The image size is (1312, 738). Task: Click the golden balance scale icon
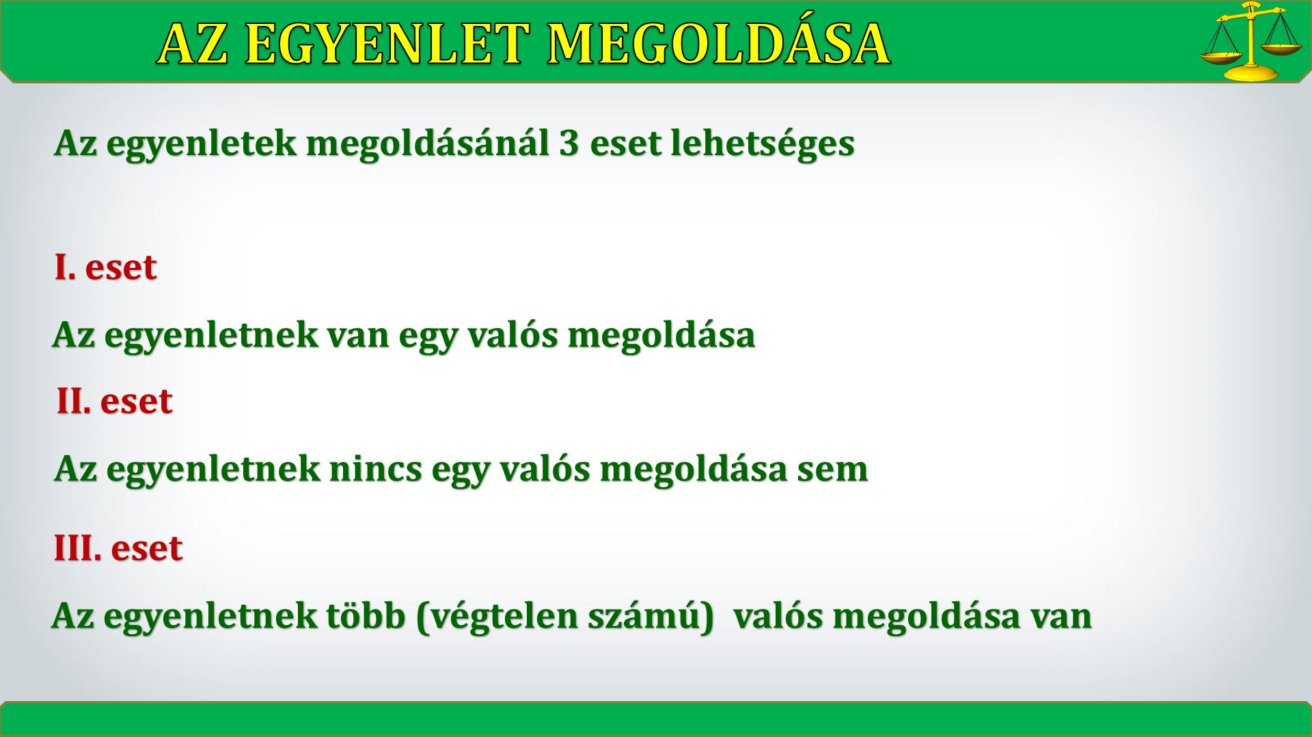pyautogui.click(x=1249, y=41)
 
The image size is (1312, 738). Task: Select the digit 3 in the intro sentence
pyautogui.click(x=569, y=143)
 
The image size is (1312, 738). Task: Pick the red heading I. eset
pyautogui.click(x=106, y=266)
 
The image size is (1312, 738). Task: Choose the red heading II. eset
pyautogui.click(x=115, y=400)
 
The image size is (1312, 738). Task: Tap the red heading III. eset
pyautogui.click(x=118, y=548)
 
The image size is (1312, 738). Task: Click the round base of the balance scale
pyautogui.click(x=1250, y=72)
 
